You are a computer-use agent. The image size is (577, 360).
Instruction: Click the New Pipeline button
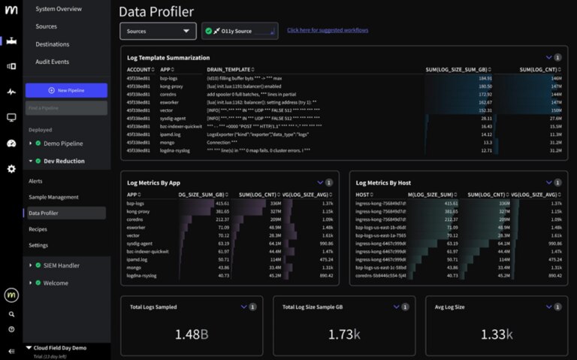point(66,90)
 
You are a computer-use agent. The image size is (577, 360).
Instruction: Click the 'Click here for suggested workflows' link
point(328,31)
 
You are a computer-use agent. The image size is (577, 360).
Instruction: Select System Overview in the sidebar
point(59,9)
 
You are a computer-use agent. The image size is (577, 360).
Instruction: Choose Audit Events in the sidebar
point(52,62)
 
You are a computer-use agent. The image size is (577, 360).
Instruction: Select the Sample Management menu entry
point(53,197)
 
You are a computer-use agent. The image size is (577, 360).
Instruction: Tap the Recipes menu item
point(38,229)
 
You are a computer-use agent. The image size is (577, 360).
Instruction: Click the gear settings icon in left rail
point(11,169)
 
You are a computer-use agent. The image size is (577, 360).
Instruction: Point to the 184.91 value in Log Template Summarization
point(485,78)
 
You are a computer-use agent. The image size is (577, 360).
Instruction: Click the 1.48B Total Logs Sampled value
point(193,334)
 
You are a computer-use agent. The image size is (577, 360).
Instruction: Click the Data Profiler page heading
point(156,11)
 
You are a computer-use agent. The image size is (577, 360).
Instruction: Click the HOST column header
point(363,195)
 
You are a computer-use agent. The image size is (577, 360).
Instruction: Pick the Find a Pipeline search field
point(66,108)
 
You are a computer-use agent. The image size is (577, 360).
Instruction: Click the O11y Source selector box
point(240,31)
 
